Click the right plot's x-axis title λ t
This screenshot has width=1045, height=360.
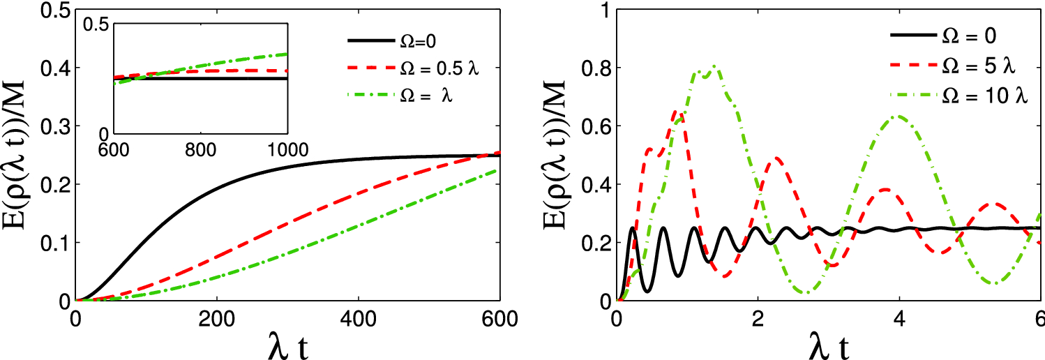point(829,344)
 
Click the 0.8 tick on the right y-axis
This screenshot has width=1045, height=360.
point(595,68)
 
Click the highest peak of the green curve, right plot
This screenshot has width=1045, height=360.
point(713,67)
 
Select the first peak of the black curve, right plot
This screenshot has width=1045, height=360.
point(633,228)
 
